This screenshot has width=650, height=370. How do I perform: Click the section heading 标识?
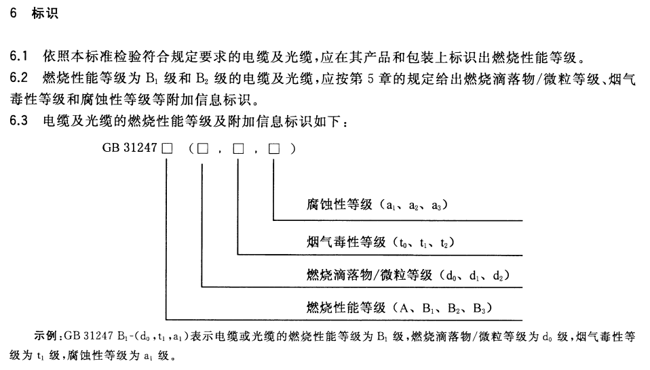pos(45,14)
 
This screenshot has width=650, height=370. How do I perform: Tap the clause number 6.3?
pos(18,123)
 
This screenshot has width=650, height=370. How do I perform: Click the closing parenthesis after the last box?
pos(292,149)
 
